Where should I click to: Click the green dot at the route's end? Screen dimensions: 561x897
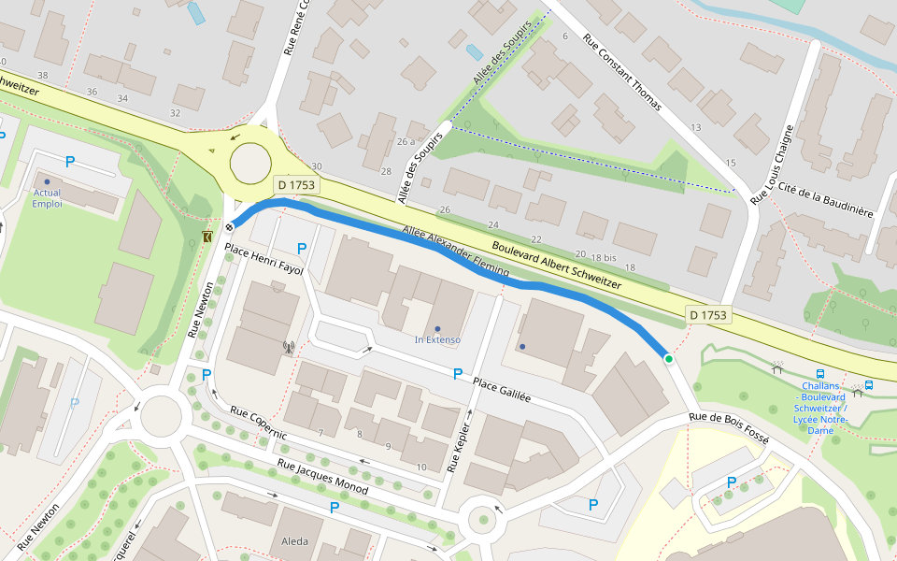pos(668,359)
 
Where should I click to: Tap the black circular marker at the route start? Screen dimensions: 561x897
pos(229,227)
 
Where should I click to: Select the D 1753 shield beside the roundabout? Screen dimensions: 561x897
pos(295,186)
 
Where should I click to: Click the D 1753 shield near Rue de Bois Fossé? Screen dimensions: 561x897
pos(707,315)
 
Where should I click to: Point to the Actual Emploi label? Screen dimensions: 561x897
pos(47,198)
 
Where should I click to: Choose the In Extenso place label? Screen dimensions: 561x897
pos(437,339)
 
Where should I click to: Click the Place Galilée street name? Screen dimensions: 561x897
pos(501,390)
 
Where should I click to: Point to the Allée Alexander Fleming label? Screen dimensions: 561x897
pos(455,252)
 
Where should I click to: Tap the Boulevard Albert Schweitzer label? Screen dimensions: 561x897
pos(556,266)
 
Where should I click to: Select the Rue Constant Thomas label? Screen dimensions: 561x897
pos(621,73)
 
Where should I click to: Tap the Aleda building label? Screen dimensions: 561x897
pos(294,541)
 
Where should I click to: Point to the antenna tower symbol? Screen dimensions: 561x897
pos(289,348)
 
